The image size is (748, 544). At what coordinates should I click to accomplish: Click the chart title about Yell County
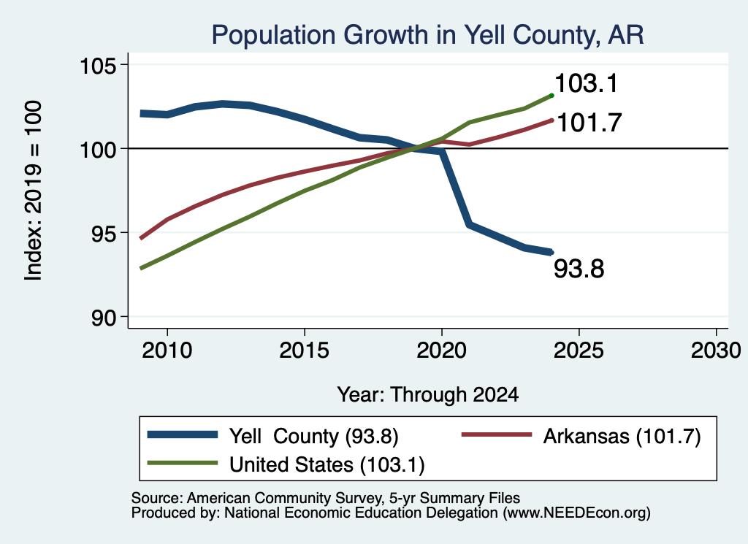427,35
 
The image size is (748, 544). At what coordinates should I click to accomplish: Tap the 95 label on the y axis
104,233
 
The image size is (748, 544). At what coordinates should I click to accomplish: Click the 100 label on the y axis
99,149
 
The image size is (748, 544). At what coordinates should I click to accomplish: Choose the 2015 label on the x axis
305,350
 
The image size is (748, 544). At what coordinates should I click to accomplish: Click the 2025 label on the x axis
579,350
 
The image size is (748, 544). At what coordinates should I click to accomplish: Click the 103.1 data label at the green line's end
587,83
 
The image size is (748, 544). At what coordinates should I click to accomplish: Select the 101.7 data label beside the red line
589,123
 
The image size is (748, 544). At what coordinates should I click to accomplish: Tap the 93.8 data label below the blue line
579,269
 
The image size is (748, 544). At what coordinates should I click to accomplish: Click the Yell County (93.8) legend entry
273,436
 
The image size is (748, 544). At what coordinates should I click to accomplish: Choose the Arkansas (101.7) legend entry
581,436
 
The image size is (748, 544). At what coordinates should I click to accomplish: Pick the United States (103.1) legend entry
286,464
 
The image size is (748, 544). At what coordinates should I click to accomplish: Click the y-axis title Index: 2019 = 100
33,191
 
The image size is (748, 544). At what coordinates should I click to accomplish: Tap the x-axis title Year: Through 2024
428,395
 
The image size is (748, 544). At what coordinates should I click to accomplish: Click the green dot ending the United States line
552,96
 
